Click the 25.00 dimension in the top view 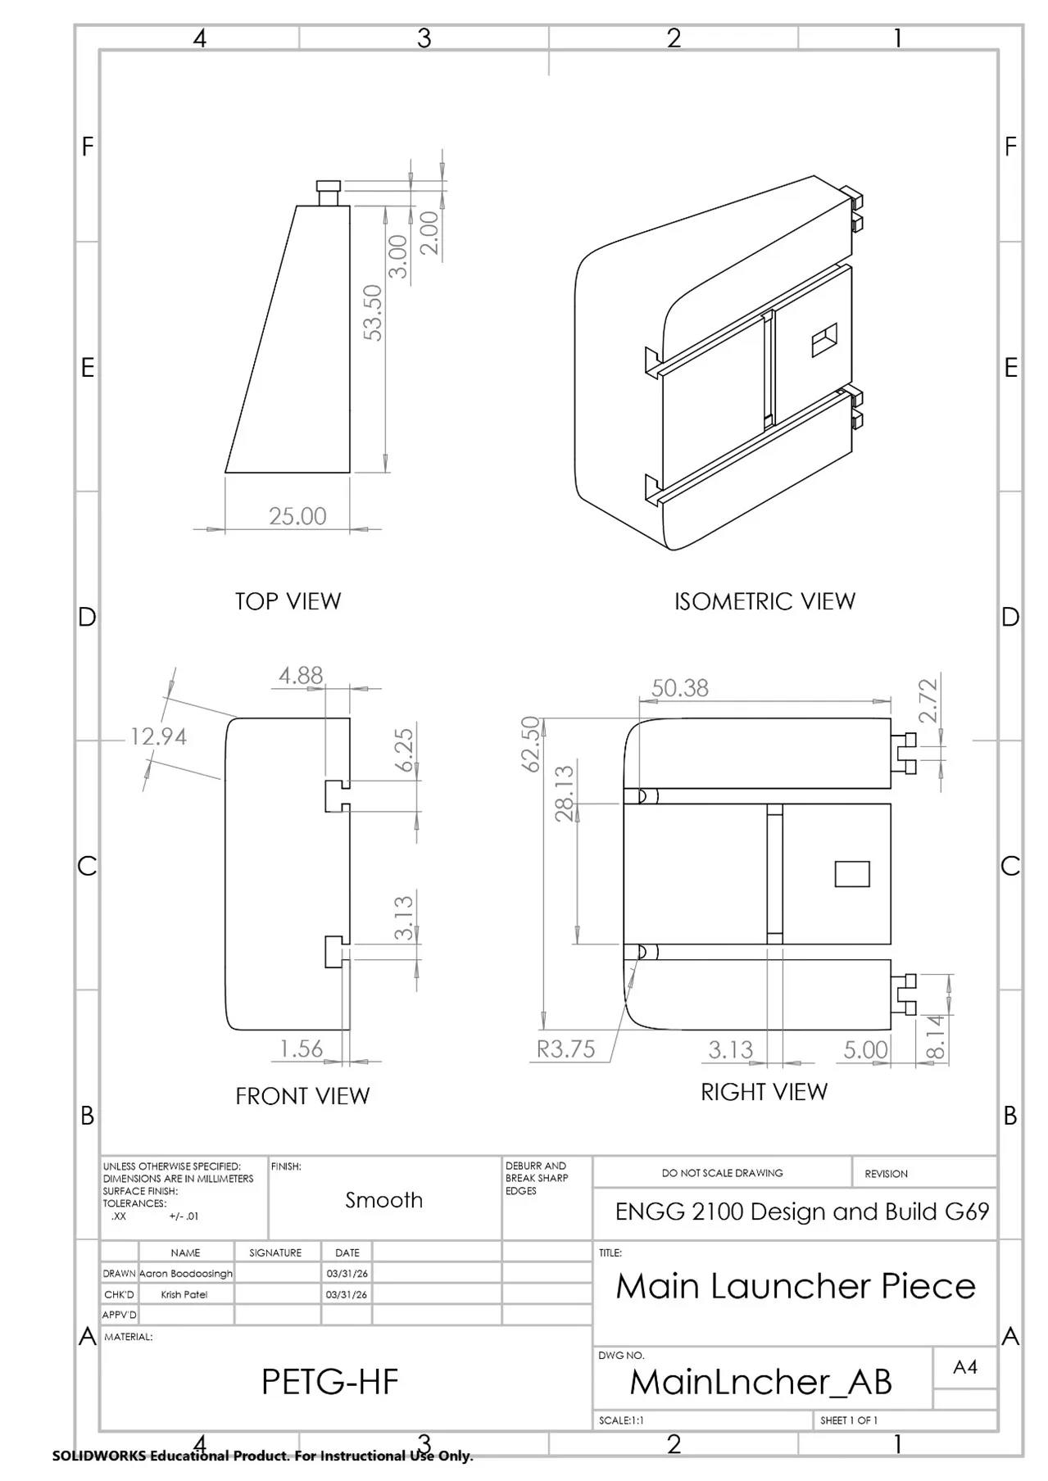coord(297,516)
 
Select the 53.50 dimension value coord(373,312)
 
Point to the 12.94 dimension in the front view coord(158,736)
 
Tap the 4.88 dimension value coord(301,675)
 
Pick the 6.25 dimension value coord(405,750)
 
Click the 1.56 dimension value coord(301,1048)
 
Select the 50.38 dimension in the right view coord(680,688)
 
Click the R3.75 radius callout coord(565,1049)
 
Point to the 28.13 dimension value coord(565,792)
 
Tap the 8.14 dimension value coord(936,1037)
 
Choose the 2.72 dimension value coord(928,701)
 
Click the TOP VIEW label coord(288,601)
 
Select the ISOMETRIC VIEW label coord(764,601)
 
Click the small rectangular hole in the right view coord(852,874)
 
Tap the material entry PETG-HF coord(329,1382)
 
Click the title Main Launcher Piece coord(796,1286)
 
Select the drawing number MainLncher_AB coord(760,1382)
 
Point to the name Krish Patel coord(184,1294)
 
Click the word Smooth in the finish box coord(383,1200)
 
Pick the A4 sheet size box coord(965,1366)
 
